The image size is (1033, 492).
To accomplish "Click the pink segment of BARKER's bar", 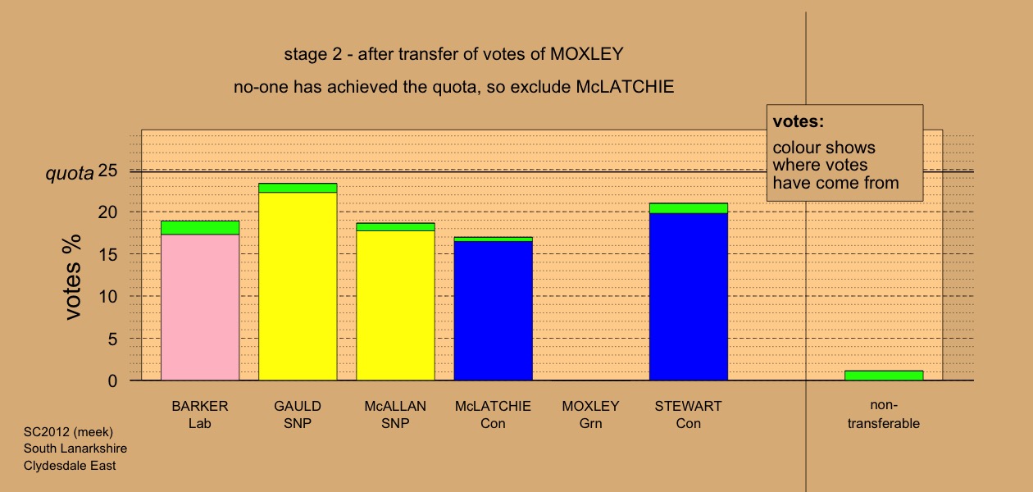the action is coord(200,307).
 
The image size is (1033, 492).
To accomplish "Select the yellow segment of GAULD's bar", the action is coord(298,286).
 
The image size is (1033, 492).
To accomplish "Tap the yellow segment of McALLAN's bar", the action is coord(396,305).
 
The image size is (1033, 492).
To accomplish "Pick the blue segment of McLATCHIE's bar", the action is coord(494,311).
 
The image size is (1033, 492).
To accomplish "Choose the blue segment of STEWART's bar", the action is coord(689,297).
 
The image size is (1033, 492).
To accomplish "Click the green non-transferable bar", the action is coord(884,376).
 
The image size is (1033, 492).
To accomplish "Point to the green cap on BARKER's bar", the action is coord(200,228).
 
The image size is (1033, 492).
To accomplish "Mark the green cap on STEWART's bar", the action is coord(689,208).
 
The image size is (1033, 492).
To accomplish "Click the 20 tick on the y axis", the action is coord(107,212).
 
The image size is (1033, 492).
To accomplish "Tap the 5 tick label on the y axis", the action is coord(112,339).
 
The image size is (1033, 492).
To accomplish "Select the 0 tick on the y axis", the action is coord(112,380).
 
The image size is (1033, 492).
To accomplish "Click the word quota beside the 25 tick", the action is coord(70,173).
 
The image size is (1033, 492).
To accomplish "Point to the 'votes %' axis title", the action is coord(72,276).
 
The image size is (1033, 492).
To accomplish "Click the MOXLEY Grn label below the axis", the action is coord(591,415).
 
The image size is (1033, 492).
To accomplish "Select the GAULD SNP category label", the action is coord(298,415).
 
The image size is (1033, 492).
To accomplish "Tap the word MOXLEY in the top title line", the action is coord(587,54).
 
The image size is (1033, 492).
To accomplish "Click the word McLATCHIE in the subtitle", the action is coord(625,87).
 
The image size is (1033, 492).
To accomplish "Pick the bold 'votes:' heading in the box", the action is coord(799,121).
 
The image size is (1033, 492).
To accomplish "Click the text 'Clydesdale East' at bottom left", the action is coord(70,466).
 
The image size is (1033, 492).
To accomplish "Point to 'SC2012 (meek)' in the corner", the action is coord(68,432).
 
